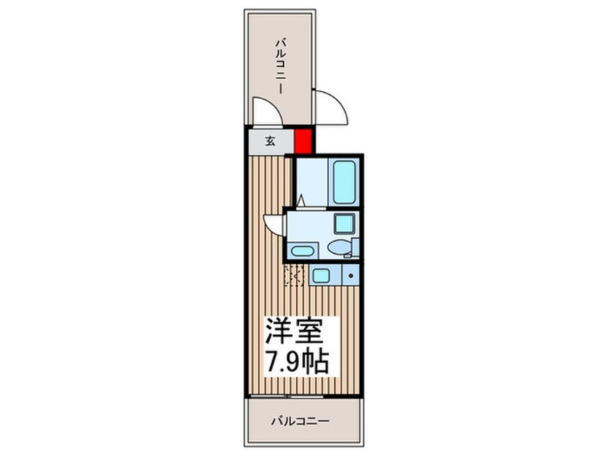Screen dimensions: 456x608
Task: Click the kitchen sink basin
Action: [320, 274]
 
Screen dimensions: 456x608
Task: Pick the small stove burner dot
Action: [350, 274]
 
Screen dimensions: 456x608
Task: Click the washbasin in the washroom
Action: [302, 251]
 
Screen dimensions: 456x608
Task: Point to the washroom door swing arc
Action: [274, 222]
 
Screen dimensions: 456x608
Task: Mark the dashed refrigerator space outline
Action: [294, 275]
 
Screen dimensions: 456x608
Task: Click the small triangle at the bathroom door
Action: [302, 201]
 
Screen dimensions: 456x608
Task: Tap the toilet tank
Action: [349, 249]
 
